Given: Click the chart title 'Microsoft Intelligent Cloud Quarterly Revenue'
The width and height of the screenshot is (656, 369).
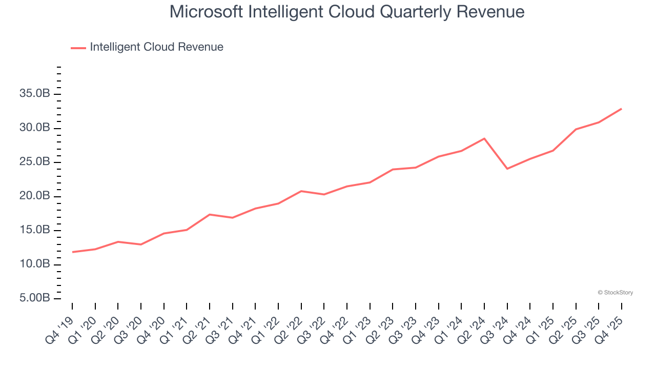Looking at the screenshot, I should (347, 11).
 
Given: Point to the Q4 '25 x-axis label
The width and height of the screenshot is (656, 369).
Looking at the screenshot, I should (610, 324).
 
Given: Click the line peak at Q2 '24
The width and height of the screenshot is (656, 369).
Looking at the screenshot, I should (484, 138).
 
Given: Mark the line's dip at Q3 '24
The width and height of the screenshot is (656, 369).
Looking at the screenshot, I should (507, 169).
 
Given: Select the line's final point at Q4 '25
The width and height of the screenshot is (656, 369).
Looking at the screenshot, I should (621, 109).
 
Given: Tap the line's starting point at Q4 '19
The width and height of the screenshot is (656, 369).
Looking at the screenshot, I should (72, 252).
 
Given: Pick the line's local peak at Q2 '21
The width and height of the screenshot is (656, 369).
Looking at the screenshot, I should (210, 214).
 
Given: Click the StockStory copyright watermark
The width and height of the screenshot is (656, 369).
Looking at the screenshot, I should (615, 293).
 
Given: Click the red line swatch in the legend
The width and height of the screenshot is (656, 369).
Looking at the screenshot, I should (78, 48).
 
